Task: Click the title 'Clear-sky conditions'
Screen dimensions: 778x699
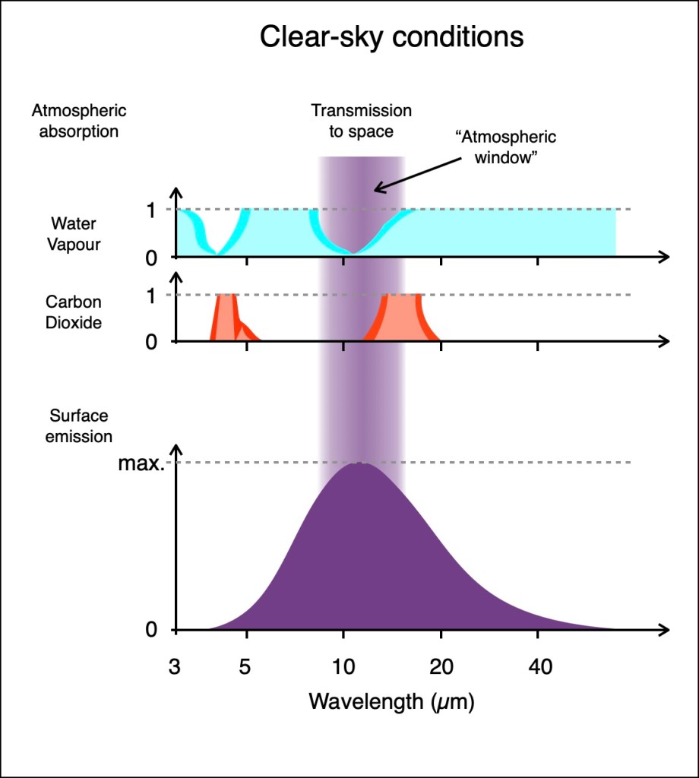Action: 391,36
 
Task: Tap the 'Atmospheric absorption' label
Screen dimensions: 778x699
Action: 79,121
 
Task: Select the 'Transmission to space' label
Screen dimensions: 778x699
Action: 361,121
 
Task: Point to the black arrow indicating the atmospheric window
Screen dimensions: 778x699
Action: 417,172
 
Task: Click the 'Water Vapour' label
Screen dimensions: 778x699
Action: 76,234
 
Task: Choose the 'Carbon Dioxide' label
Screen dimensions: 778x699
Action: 74,312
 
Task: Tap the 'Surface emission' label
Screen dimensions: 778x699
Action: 80,426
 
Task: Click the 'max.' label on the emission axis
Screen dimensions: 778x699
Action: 141,463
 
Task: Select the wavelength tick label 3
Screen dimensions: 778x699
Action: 176,667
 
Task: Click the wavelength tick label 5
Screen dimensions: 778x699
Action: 245,667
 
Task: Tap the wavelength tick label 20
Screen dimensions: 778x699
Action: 441,667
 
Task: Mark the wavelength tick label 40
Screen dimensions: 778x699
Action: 538,667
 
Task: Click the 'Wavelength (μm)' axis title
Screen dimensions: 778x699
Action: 391,701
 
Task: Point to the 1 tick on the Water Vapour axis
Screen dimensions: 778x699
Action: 150,210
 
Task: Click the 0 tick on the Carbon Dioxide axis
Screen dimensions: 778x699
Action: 150,342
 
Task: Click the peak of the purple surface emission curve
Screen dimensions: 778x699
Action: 359,464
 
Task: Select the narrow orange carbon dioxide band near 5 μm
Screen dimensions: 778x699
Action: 227,318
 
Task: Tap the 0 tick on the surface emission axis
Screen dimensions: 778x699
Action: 150,631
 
